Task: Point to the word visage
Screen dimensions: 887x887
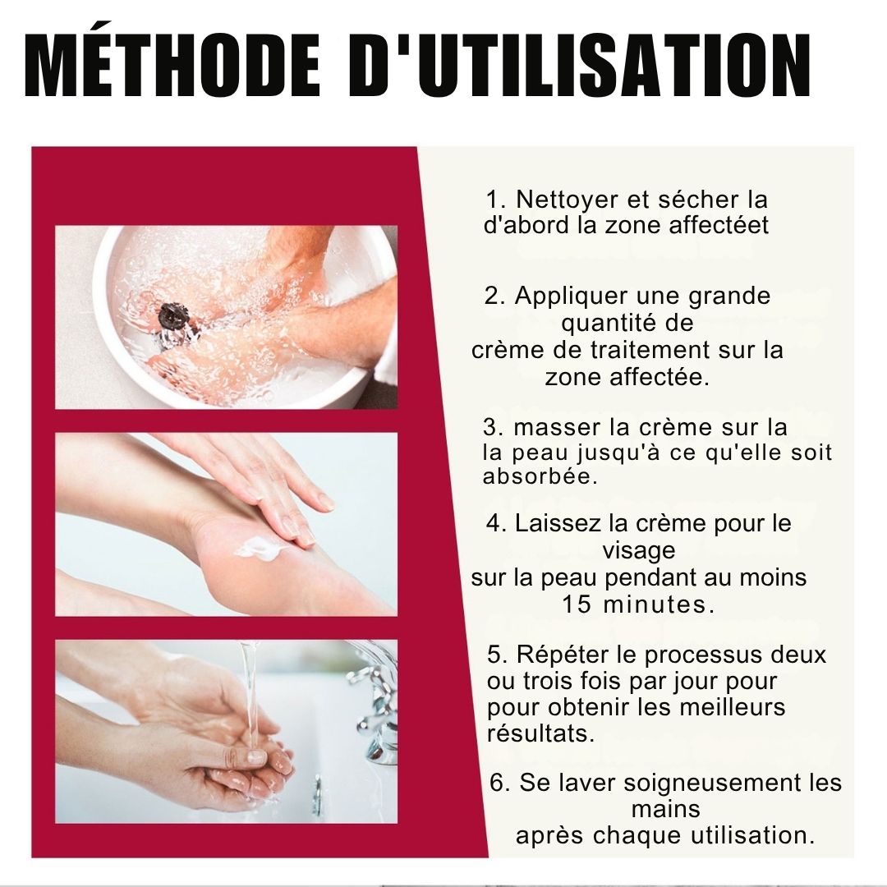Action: coord(638,549)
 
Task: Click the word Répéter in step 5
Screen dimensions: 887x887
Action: coord(558,655)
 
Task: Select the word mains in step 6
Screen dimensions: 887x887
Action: coord(665,809)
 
